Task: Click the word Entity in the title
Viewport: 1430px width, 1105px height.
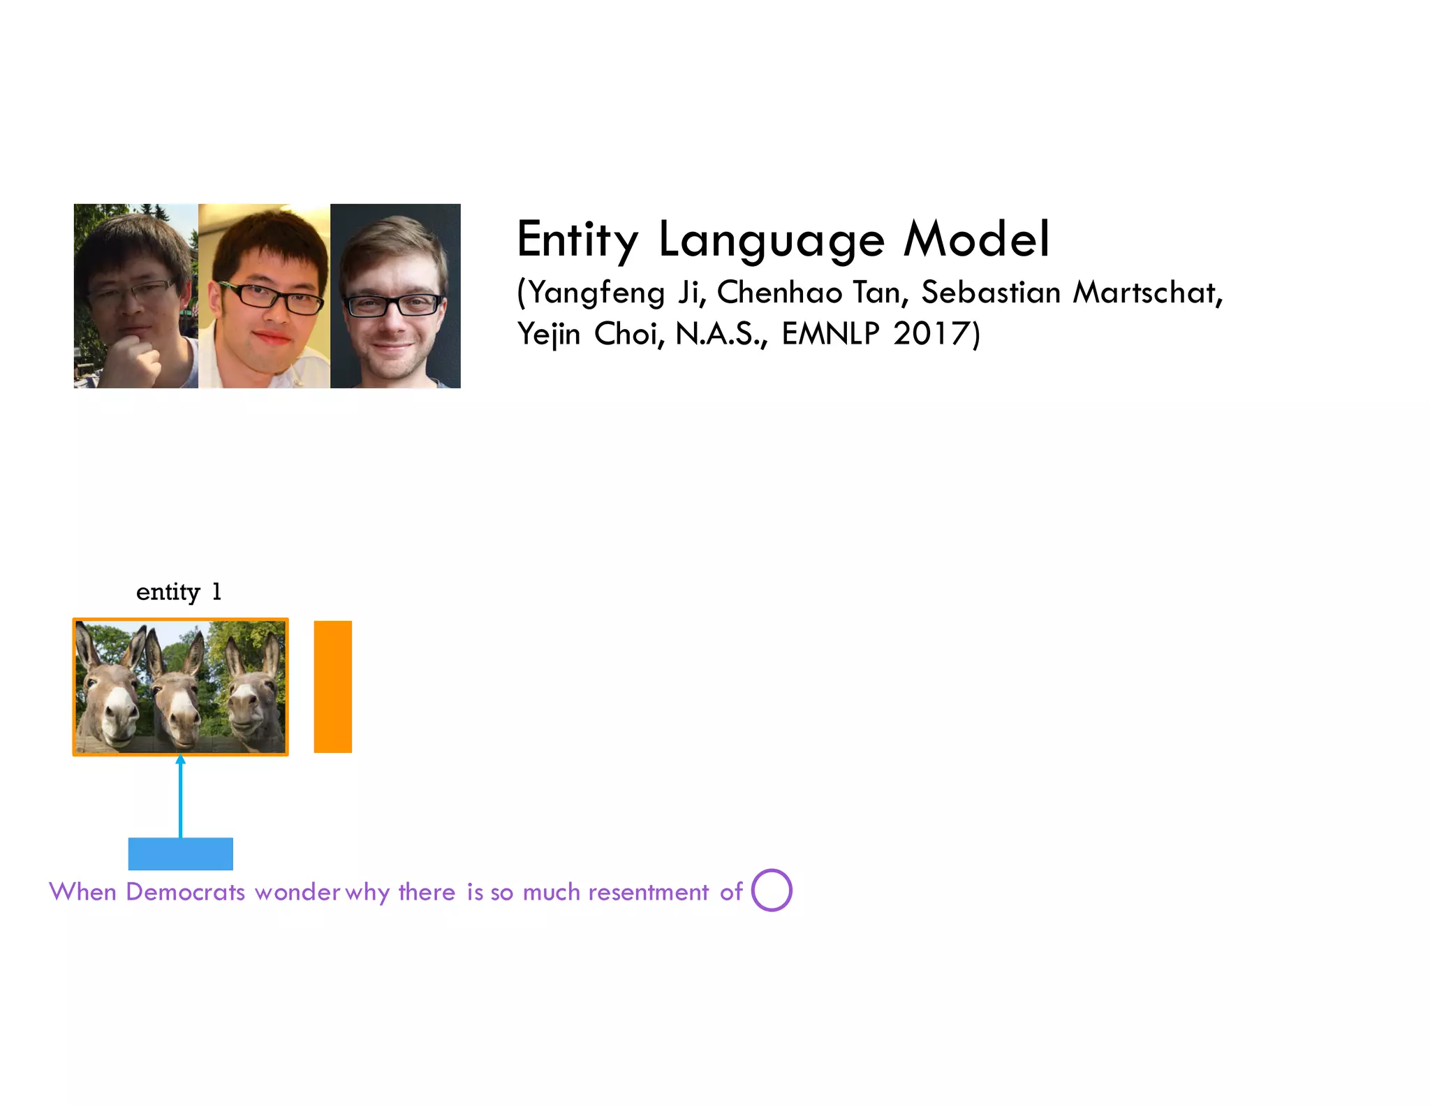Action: pos(577,240)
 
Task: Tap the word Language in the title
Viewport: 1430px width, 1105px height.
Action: pos(772,240)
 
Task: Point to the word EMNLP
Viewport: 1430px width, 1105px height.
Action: pos(830,334)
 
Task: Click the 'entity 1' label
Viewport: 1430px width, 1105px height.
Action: pos(179,592)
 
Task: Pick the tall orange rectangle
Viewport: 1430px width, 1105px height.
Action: pos(332,687)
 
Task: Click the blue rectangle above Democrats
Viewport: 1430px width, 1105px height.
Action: pos(180,854)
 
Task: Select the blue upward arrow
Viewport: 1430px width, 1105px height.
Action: pos(180,796)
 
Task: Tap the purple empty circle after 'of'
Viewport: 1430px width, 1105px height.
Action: pos(772,890)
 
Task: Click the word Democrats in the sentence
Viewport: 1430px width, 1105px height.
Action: pos(185,892)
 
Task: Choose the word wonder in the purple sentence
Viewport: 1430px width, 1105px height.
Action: pos(297,892)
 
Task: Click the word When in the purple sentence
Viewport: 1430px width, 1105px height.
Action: pos(82,892)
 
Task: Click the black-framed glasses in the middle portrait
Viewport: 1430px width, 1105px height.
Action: pos(271,298)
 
